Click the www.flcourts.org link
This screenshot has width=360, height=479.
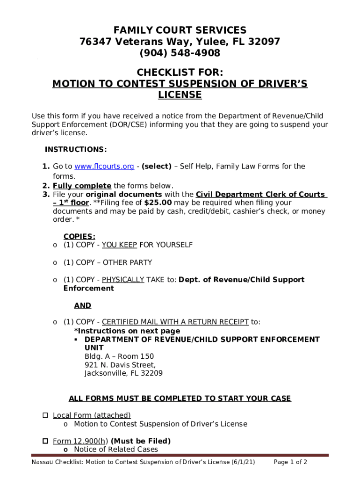coord(104,167)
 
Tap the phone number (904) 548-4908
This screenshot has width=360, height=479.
coord(180,53)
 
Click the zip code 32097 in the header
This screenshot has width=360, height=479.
coord(264,42)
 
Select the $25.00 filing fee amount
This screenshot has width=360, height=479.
coord(158,203)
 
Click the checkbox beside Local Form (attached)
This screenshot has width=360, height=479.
coord(45,415)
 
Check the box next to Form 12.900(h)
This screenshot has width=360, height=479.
coord(45,441)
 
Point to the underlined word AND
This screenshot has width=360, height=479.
coord(83,305)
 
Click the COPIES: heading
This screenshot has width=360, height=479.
coord(79,237)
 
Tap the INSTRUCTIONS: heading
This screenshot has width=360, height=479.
coord(76,150)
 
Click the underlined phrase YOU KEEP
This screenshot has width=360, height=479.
coord(119,245)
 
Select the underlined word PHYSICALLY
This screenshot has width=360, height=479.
coord(123,280)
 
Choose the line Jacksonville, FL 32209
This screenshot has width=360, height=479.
coord(123,373)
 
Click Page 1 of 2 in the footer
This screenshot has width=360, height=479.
coord(290,462)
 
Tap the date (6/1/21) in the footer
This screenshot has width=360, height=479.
coord(243,462)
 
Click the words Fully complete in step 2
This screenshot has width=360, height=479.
coord(82,185)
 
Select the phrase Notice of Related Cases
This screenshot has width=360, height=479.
coord(116,450)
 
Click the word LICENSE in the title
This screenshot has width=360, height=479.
coord(180,95)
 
